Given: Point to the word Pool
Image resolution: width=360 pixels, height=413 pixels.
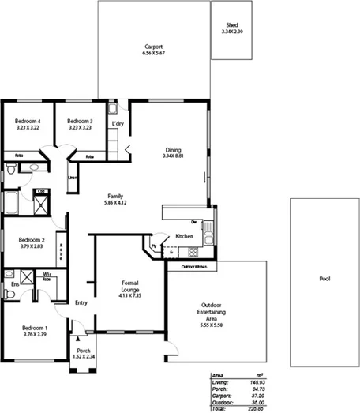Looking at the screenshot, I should tap(324, 279).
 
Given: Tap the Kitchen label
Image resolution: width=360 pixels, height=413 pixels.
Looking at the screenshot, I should tap(185, 235).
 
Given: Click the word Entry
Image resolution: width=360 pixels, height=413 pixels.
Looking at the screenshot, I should tap(81, 302).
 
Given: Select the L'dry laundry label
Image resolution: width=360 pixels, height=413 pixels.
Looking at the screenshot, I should tap(118, 124).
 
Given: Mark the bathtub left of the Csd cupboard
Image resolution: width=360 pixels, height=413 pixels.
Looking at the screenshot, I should tap(13, 203).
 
